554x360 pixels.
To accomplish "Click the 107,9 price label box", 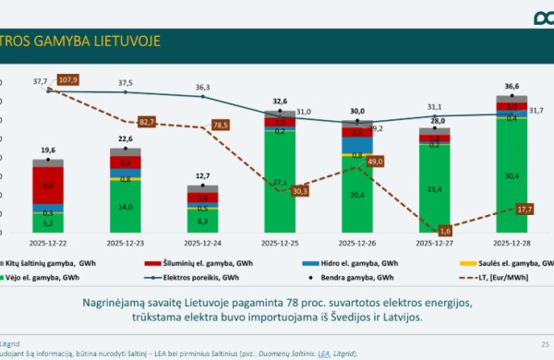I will pyautogui.click(x=68, y=79).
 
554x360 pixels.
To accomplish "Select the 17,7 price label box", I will pyautogui.click(x=524, y=210).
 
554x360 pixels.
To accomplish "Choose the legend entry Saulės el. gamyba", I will pyautogui.click(x=504, y=263).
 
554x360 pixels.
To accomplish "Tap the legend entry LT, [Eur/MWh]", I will pyautogui.click(x=503, y=276).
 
